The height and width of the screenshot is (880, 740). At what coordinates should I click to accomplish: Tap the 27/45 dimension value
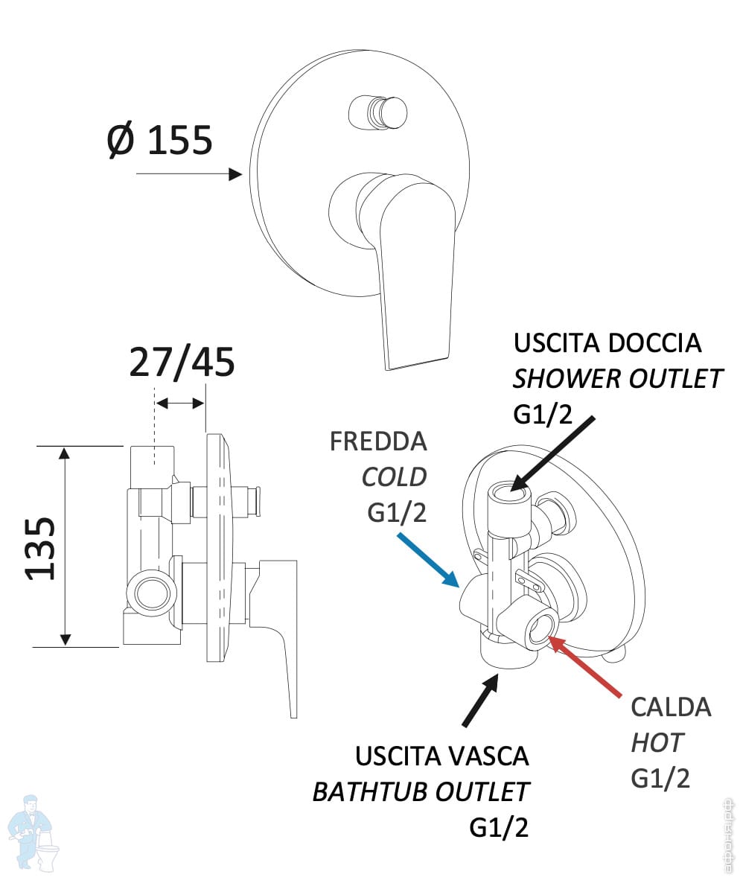point(182,363)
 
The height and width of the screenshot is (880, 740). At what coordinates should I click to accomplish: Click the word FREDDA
point(378,441)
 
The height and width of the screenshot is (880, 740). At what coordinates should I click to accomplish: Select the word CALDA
point(671,707)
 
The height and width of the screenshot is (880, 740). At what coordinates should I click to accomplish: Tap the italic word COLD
point(394,476)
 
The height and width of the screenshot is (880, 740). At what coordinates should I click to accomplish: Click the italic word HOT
point(657,742)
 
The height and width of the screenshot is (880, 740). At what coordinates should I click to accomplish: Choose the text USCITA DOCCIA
point(607,343)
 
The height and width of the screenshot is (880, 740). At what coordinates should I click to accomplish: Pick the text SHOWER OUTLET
point(617,379)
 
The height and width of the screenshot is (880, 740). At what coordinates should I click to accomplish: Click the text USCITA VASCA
point(442,756)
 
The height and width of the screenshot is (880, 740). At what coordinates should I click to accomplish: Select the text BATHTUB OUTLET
point(421,792)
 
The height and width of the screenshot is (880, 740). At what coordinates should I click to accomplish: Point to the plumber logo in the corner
point(34,830)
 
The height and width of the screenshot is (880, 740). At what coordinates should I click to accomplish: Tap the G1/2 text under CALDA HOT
point(660,778)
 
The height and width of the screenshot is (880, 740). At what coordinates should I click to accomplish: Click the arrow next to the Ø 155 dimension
point(191,174)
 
